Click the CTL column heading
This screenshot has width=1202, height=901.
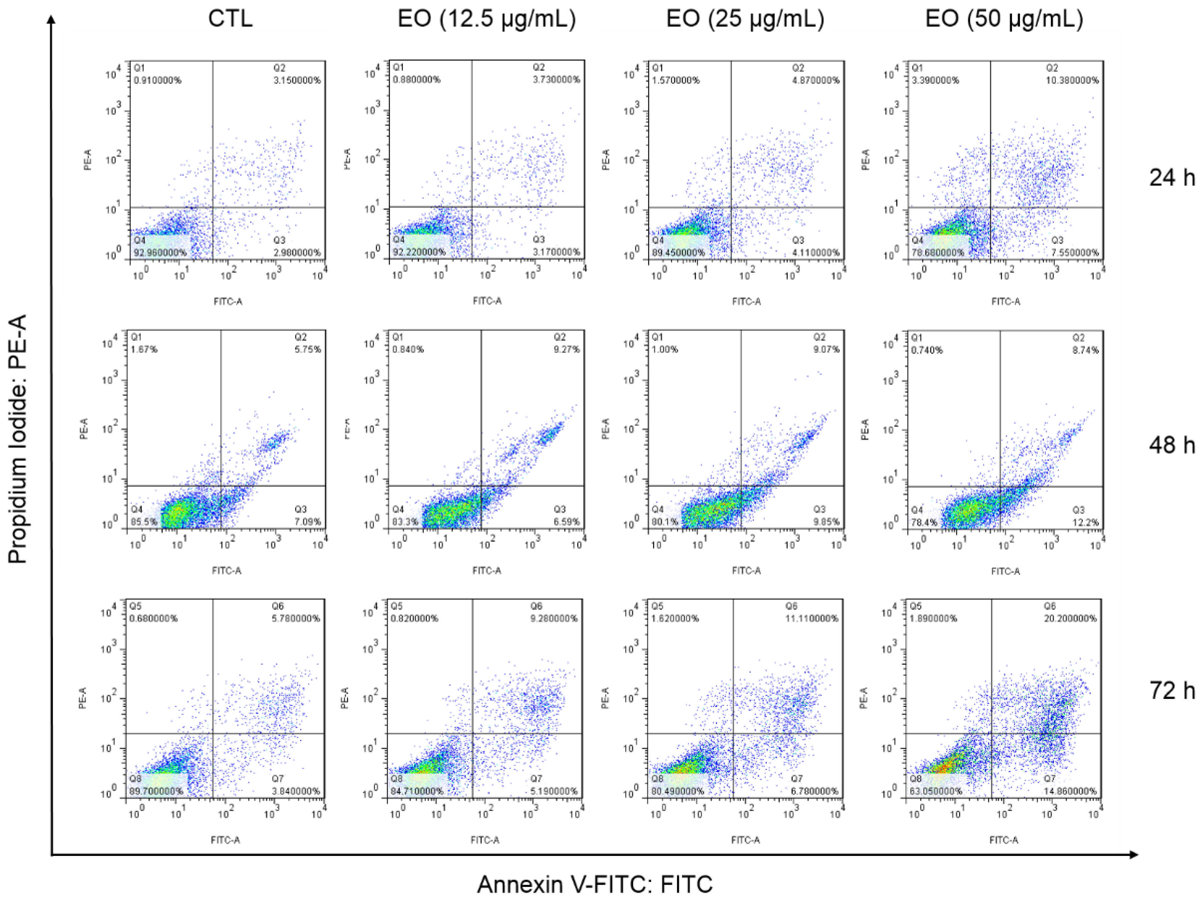(230, 19)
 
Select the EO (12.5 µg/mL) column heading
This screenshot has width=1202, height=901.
(486, 19)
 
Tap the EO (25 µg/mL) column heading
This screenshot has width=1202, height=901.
(745, 19)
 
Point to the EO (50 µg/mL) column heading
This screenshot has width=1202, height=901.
(1004, 19)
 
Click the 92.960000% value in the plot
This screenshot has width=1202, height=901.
(160, 253)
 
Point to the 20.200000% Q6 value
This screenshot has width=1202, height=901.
(1070, 618)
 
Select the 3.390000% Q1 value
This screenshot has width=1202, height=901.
(935, 80)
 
